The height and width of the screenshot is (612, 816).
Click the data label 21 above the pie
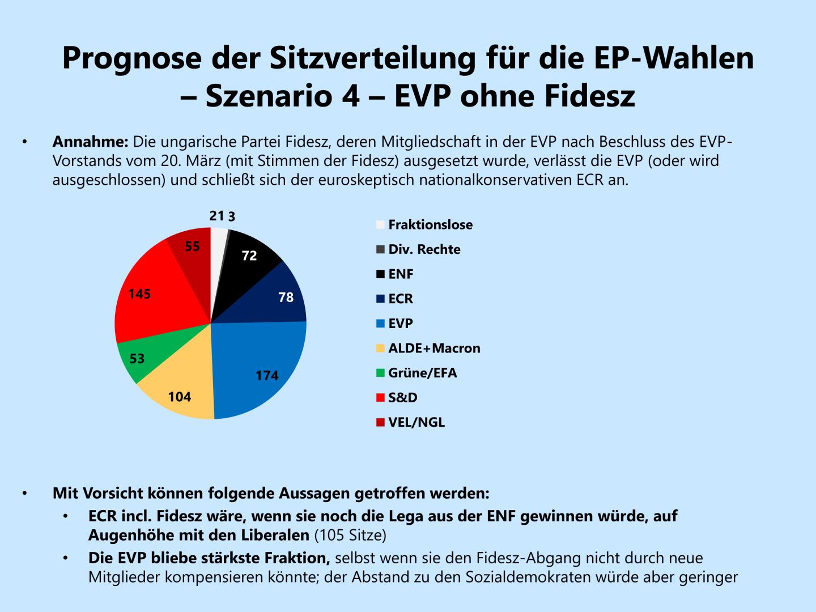click(x=216, y=216)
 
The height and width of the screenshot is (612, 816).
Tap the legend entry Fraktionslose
click(x=430, y=225)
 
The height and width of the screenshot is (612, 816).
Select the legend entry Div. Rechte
click(x=424, y=250)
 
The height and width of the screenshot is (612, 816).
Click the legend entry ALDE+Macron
click(x=434, y=348)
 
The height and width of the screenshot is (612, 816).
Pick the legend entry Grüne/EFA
click(x=422, y=373)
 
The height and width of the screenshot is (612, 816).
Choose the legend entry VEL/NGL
click(x=416, y=423)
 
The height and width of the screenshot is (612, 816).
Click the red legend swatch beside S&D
click(x=380, y=398)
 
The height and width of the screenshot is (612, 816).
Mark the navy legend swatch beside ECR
click(x=380, y=299)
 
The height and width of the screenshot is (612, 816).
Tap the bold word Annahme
click(x=91, y=141)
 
